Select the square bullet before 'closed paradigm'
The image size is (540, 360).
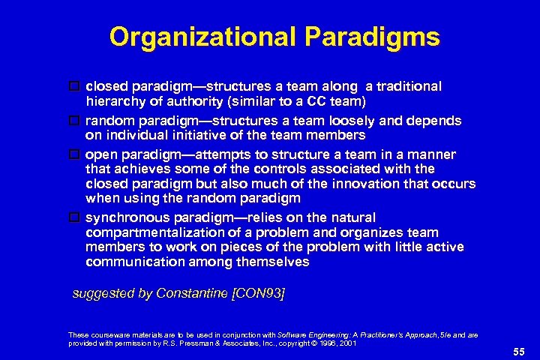(75, 86)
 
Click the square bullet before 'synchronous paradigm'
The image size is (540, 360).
(75, 217)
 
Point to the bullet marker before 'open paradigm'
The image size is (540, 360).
(75, 154)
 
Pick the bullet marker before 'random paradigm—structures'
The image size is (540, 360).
(75, 120)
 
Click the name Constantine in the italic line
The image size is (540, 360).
(191, 293)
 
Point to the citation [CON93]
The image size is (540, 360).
(259, 293)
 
